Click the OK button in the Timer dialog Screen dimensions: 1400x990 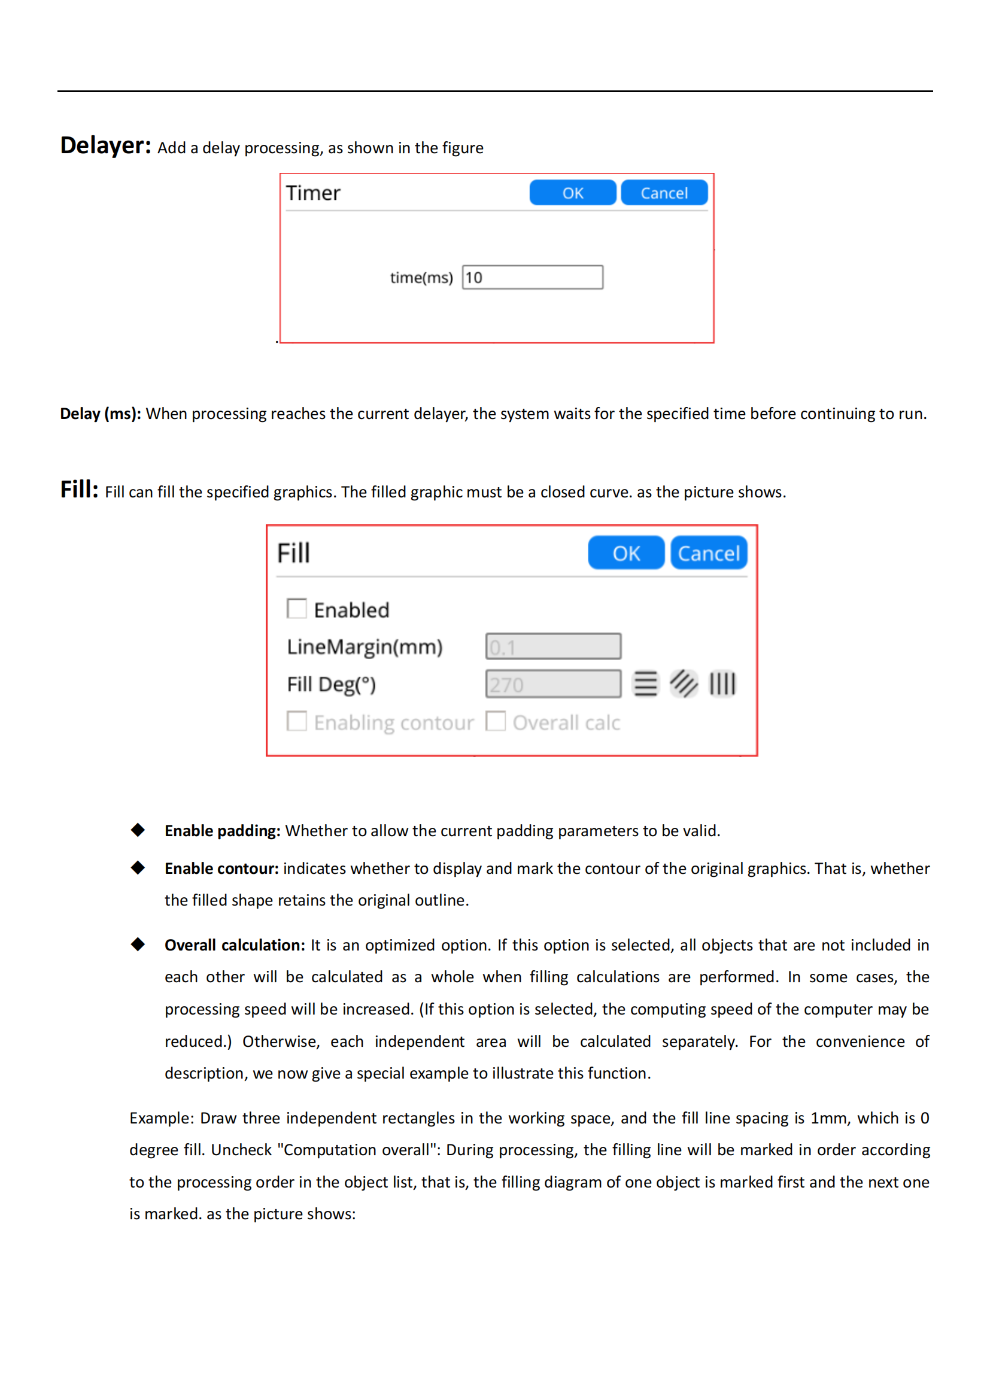[572, 193]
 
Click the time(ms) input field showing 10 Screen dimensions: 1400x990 [532, 278]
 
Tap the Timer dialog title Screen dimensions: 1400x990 [313, 193]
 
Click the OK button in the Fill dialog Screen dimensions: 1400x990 [625, 553]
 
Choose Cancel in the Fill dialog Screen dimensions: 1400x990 [708, 553]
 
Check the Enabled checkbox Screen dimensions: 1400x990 [297, 609]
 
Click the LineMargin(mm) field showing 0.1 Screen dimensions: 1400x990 [553, 646]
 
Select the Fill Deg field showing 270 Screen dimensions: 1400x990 [553, 684]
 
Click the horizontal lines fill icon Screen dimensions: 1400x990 [646, 684]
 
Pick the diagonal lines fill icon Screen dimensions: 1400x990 [684, 684]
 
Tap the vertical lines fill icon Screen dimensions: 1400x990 [722, 684]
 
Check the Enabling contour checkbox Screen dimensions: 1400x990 [297, 721]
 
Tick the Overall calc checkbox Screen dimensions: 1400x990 [496, 721]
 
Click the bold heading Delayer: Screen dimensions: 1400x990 [105, 145]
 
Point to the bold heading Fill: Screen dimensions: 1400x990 [79, 489]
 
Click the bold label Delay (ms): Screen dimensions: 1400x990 [101, 414]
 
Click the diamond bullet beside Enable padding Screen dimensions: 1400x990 [138, 830]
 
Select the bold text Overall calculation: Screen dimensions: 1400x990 [235, 945]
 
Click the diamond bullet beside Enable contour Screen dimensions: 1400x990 [138, 868]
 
